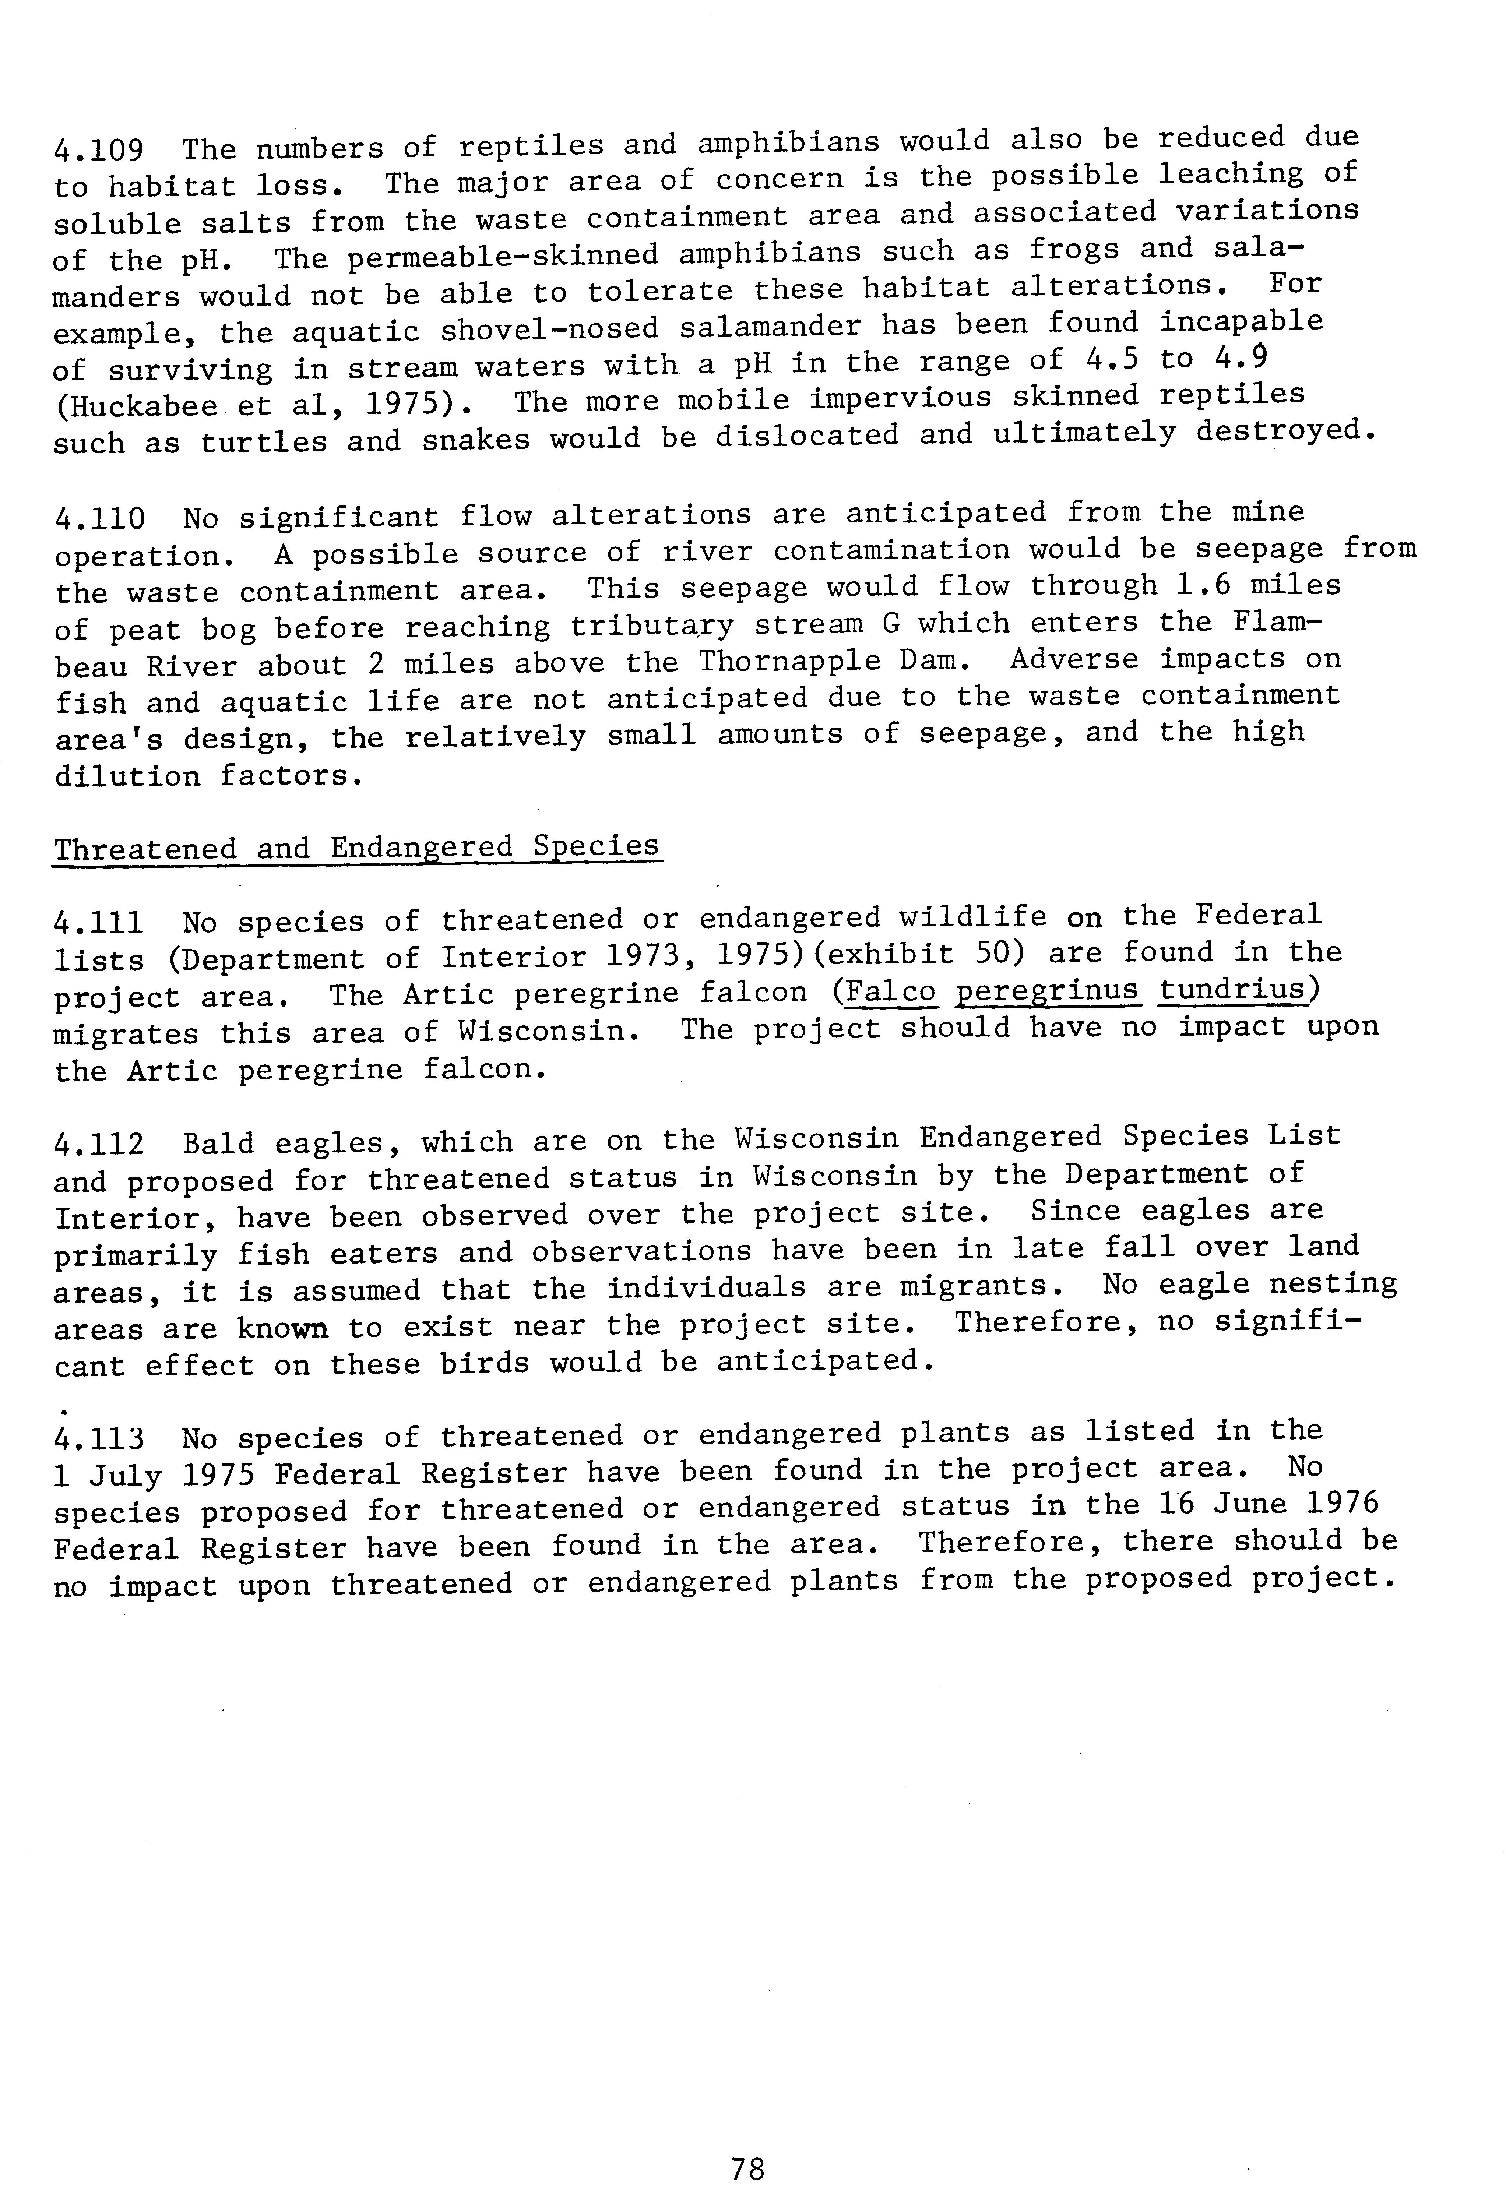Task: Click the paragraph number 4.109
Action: click(99, 150)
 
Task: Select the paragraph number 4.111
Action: click(99, 922)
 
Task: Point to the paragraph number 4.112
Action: click(99, 1144)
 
